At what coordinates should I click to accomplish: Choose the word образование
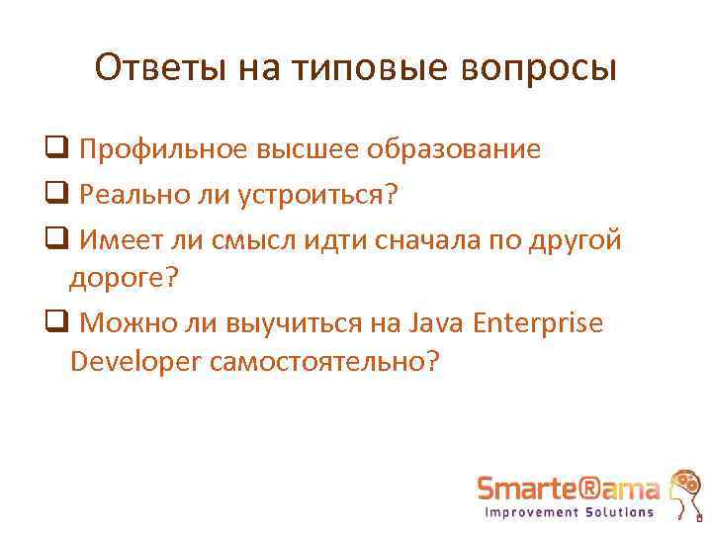455,149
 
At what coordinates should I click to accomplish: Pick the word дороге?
124,279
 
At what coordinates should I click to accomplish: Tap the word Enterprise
539,323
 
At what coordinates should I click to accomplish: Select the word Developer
136,362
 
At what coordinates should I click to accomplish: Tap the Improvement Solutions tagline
569,512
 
